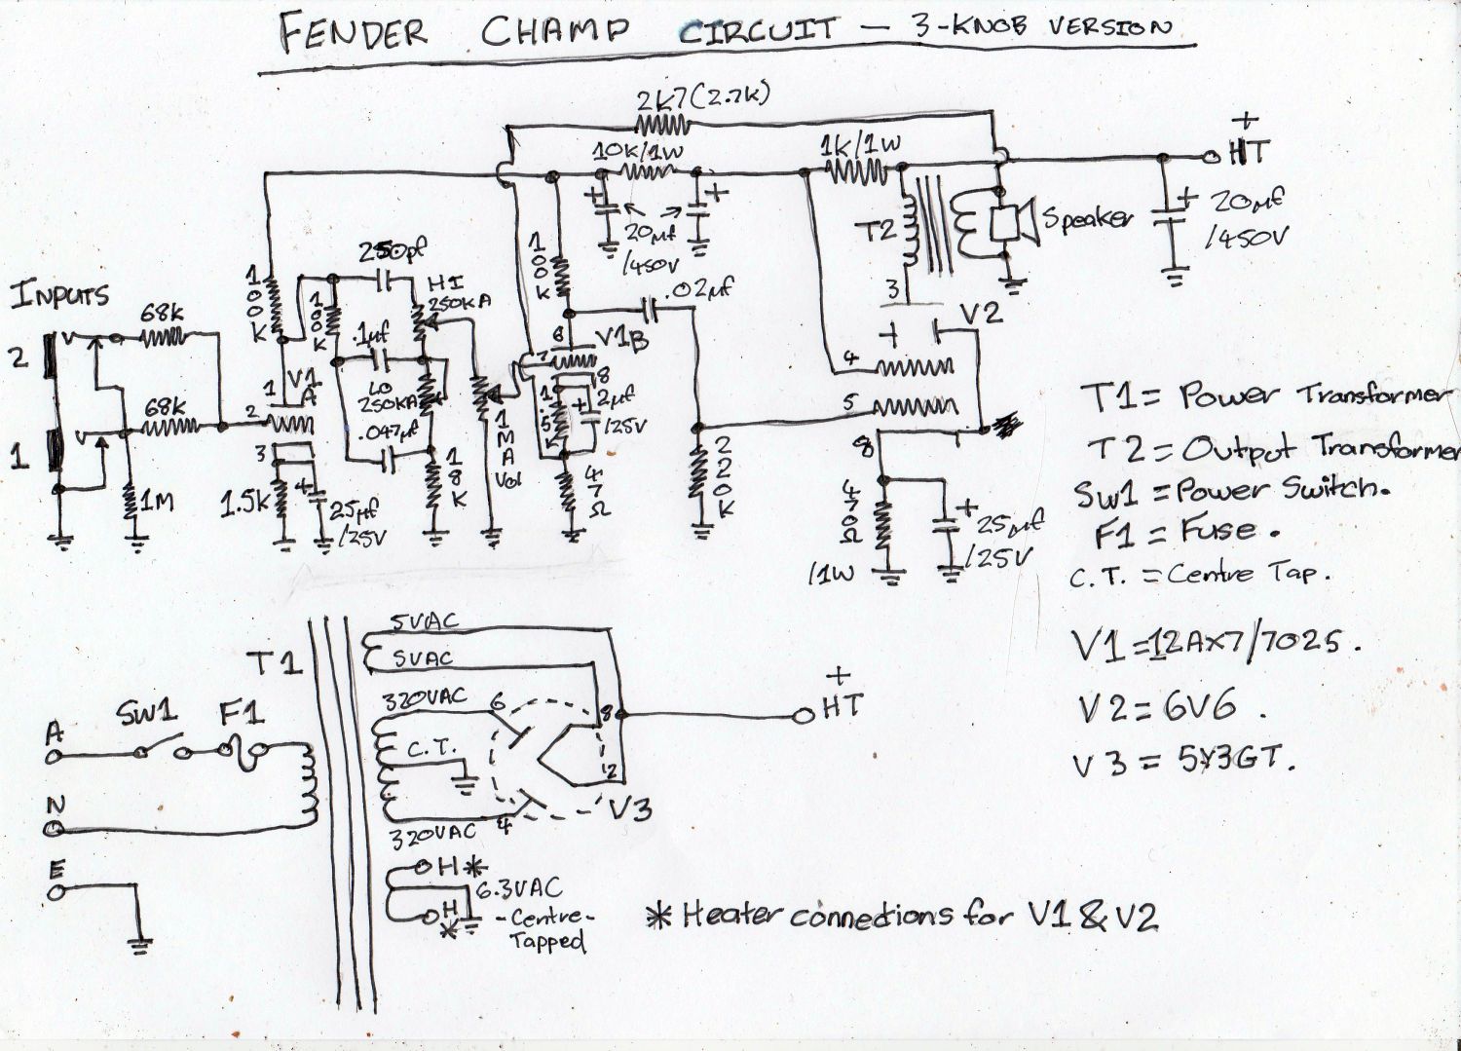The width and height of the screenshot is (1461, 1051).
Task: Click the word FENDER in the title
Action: tap(353, 32)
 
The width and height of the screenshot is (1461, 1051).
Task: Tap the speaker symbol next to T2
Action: tap(1013, 223)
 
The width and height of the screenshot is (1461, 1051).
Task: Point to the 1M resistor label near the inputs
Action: tap(158, 503)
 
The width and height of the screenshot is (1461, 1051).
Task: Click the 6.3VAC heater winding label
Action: tap(518, 887)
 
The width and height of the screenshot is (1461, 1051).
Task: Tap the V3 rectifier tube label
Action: tap(629, 807)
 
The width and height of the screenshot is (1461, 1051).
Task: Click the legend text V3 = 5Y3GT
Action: tap(1185, 762)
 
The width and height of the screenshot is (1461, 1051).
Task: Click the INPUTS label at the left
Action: tap(60, 296)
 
